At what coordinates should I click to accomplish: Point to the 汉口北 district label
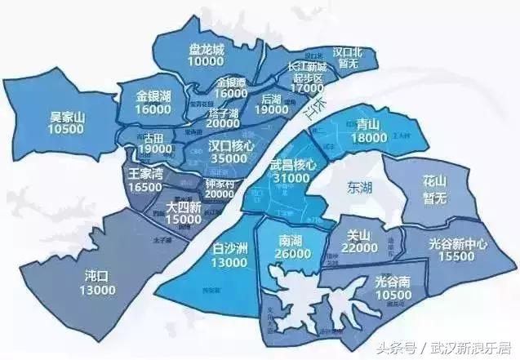pyautogui.click(x=347, y=52)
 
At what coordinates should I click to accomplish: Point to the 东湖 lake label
pyautogui.click(x=356, y=187)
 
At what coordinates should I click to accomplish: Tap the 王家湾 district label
pyautogui.click(x=147, y=174)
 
